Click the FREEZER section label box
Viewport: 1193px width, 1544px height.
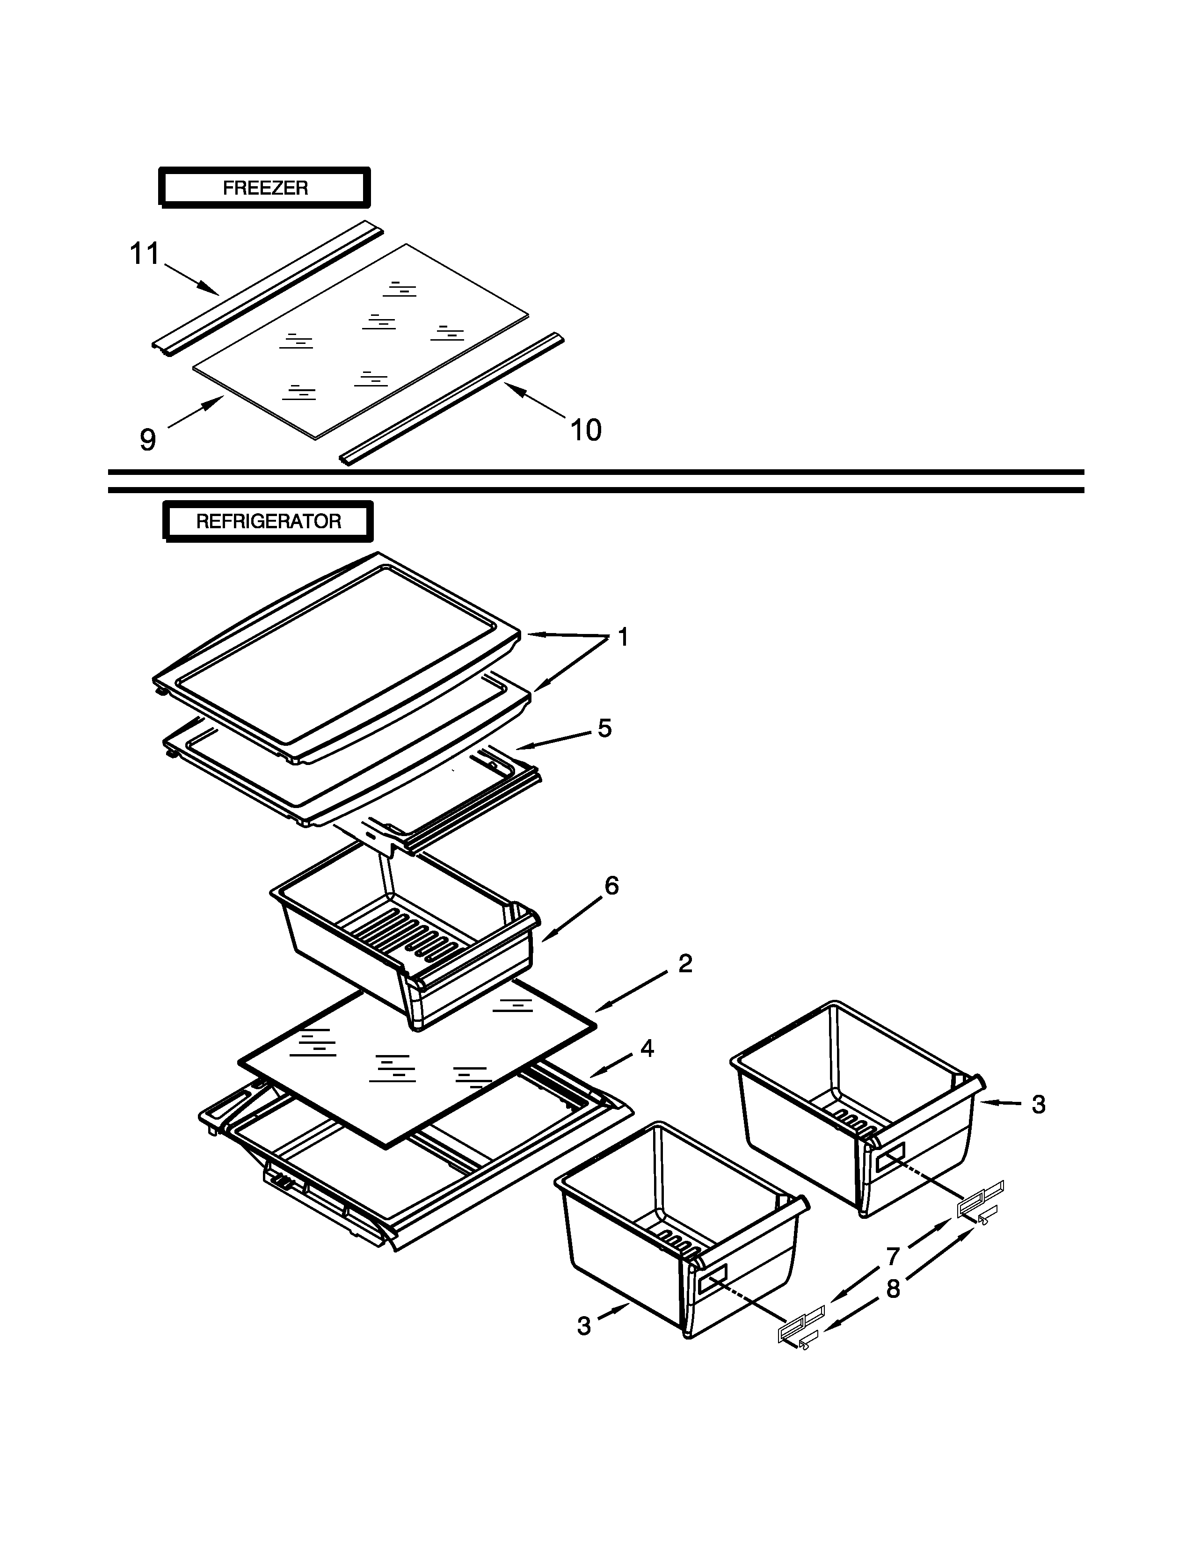tap(264, 188)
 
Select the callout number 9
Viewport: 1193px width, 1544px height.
tap(147, 440)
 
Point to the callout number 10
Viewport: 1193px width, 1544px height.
tap(585, 430)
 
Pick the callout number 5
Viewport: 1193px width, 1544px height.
tap(604, 728)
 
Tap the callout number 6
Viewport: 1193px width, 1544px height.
tap(611, 885)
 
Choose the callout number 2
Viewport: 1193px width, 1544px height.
tap(685, 963)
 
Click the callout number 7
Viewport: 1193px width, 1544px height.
tap(893, 1256)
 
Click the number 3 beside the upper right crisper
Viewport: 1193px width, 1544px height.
tap(1038, 1104)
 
